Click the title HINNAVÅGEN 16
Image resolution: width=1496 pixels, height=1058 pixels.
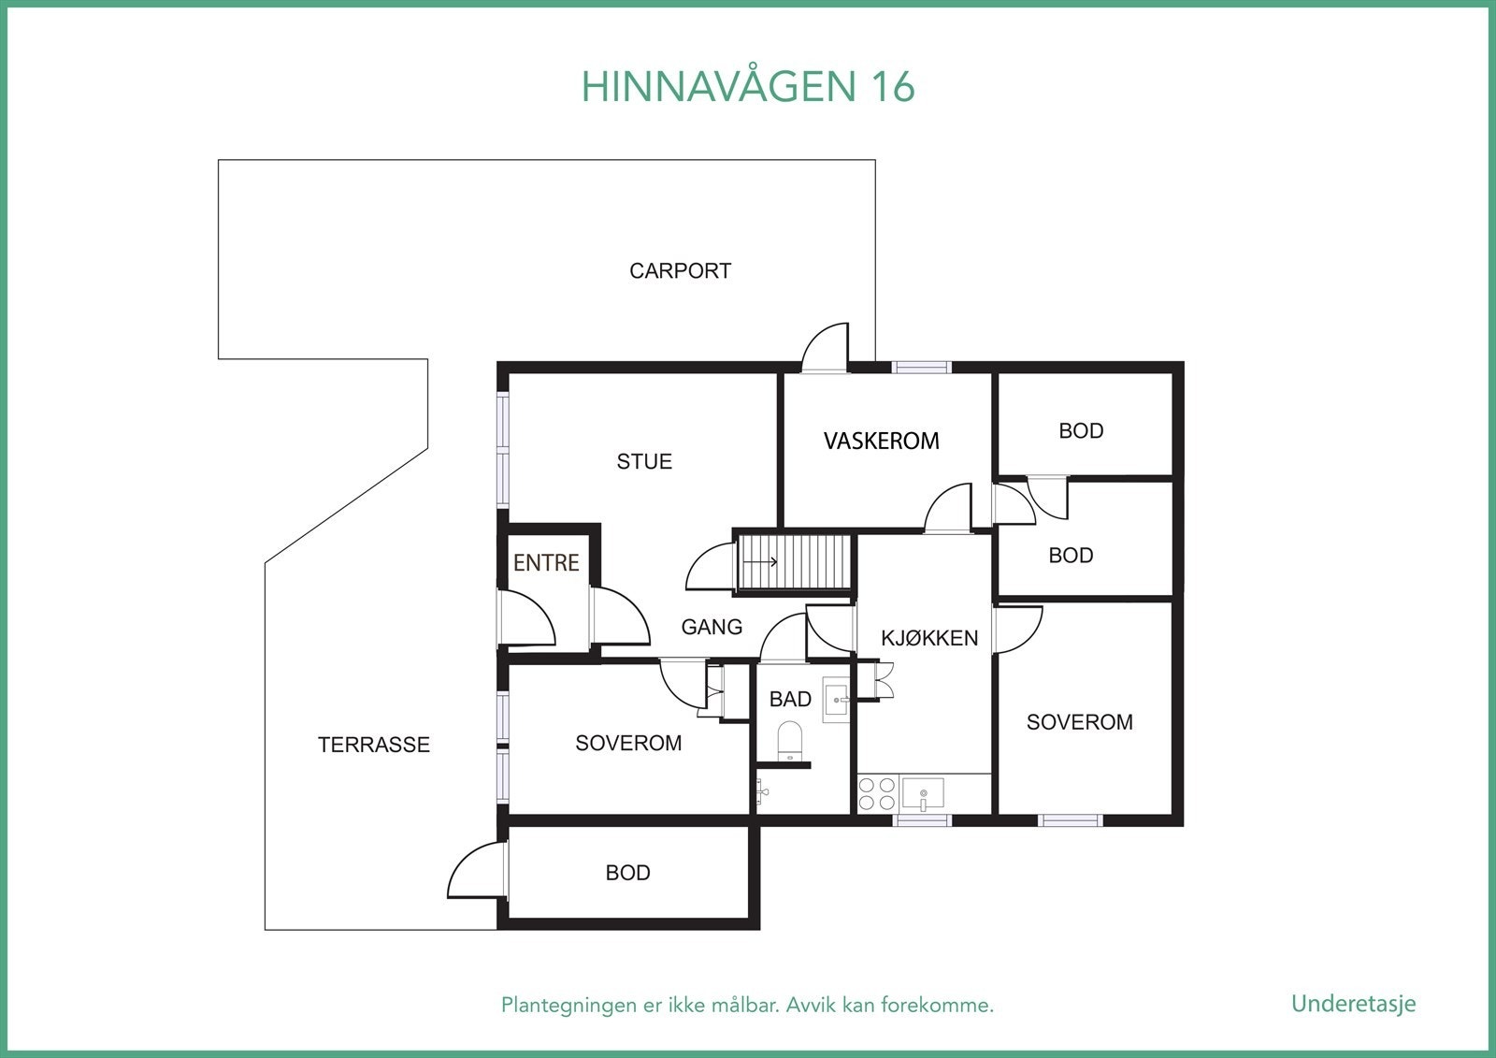point(747,86)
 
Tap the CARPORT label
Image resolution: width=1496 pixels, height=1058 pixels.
point(680,271)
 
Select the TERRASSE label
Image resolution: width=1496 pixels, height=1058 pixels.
point(374,745)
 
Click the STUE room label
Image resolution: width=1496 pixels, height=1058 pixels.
point(644,461)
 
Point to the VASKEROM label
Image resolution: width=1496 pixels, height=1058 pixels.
point(881,441)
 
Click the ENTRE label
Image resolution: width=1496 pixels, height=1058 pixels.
point(546,562)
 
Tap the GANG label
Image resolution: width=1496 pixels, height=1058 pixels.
point(712,627)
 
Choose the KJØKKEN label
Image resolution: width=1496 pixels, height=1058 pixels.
point(929,638)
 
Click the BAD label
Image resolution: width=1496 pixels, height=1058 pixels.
point(790,699)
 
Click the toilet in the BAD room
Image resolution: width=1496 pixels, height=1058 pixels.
point(790,740)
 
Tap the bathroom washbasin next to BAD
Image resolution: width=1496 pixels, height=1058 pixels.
point(836,700)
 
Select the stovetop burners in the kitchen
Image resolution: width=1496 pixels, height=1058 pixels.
point(877,793)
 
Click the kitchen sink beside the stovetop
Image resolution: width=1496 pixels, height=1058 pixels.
point(923,793)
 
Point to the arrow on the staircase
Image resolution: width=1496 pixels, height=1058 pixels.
point(763,562)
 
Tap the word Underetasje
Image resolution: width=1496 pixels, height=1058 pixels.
point(1353,1004)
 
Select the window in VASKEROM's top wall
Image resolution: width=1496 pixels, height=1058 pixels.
point(920,367)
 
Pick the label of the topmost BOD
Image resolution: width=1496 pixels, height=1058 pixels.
point(1081,431)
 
